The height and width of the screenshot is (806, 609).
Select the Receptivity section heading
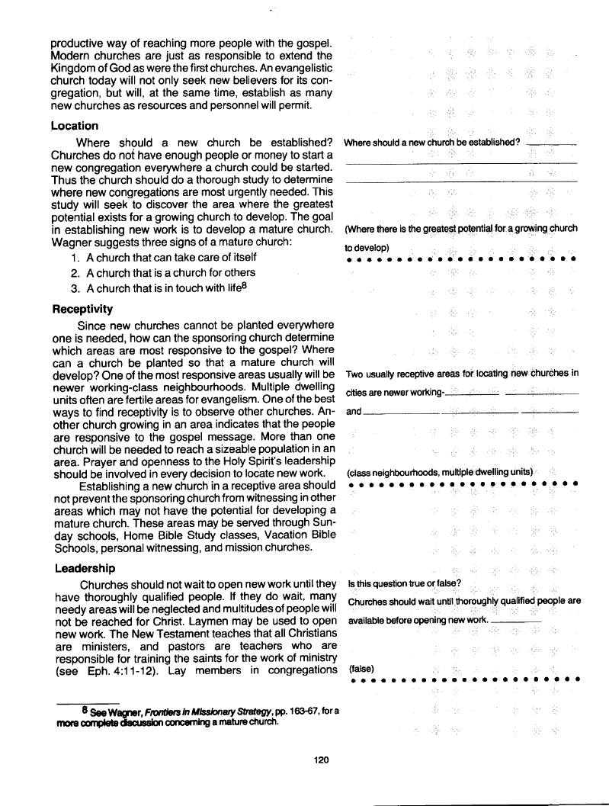[82, 310]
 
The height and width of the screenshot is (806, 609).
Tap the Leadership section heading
[85, 568]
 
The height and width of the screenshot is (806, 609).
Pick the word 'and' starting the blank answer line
[353, 412]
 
